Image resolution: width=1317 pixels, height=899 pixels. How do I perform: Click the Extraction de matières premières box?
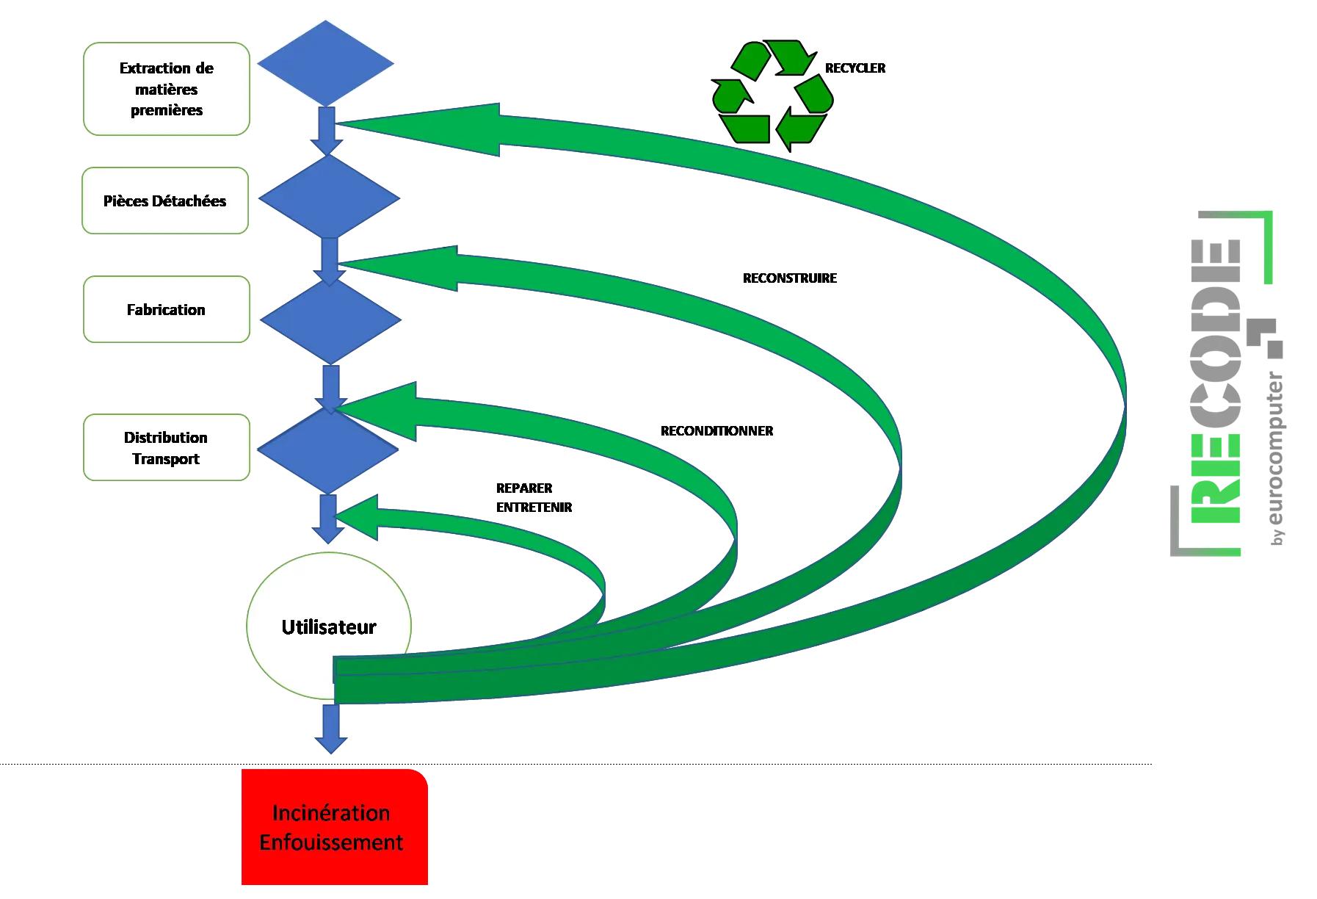[x=167, y=89]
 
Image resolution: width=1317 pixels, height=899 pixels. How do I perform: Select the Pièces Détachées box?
[x=164, y=201]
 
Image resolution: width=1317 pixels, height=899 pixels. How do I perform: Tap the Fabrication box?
[x=167, y=309]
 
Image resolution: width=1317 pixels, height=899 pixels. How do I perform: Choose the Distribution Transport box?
[x=167, y=447]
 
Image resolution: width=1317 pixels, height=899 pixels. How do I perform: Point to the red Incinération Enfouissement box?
[x=334, y=827]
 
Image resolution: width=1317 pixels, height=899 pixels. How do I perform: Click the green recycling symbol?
[x=773, y=94]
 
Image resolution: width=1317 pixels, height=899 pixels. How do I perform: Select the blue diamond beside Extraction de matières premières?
[x=325, y=63]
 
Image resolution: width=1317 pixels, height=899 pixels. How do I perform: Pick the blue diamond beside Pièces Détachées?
[x=328, y=198]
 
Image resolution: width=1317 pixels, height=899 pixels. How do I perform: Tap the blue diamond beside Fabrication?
[x=330, y=320]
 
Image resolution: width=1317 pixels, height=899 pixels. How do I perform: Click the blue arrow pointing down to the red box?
[x=330, y=730]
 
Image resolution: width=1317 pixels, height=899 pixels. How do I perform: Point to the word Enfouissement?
[x=331, y=842]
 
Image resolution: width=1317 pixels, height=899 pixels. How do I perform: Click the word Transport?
[x=166, y=459]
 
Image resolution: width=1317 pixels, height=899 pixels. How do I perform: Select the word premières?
[x=167, y=110]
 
